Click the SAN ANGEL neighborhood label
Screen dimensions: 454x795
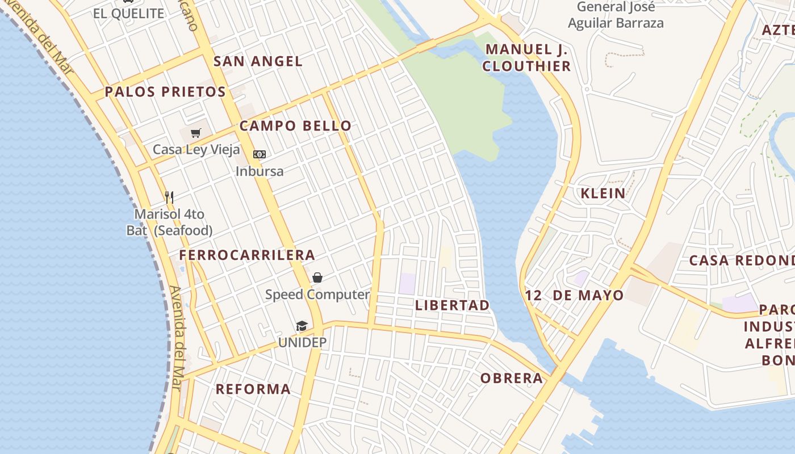tap(258, 61)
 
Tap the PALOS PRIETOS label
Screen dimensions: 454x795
tap(165, 92)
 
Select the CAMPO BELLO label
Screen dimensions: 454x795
tap(295, 126)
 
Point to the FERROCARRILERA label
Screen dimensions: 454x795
tap(247, 255)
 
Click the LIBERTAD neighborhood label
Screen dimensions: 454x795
tap(452, 305)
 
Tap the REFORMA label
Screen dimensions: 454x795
tap(253, 389)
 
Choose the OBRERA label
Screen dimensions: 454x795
tap(512, 379)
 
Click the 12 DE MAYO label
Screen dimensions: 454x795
tap(574, 295)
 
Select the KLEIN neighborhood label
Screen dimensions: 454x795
tap(603, 194)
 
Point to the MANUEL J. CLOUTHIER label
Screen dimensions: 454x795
tap(527, 58)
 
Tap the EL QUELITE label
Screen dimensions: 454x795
tap(129, 14)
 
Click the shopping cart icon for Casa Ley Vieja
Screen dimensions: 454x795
tap(196, 133)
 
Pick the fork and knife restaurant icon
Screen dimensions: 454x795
tap(169, 197)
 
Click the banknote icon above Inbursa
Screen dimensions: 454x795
tap(260, 154)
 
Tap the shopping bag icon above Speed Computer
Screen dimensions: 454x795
tap(317, 278)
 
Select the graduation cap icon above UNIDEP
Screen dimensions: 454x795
tap(302, 326)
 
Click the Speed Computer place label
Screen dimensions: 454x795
tap(317, 295)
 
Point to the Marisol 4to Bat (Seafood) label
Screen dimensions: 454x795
tap(169, 222)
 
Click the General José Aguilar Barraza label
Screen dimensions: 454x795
tap(616, 15)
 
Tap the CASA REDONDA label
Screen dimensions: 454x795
tap(742, 261)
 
